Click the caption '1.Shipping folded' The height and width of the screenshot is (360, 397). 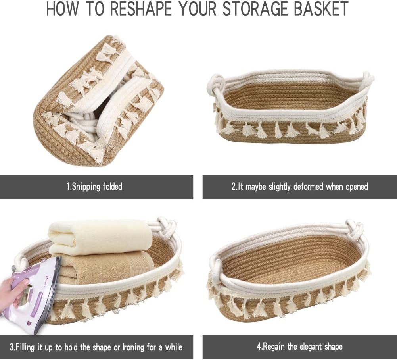[x=94, y=187]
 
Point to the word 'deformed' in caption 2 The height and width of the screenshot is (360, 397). [x=308, y=187]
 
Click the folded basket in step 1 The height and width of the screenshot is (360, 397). [x=98, y=100]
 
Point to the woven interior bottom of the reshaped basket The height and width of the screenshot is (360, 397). [x=289, y=261]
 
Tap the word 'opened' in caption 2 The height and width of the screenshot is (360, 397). [x=357, y=187]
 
